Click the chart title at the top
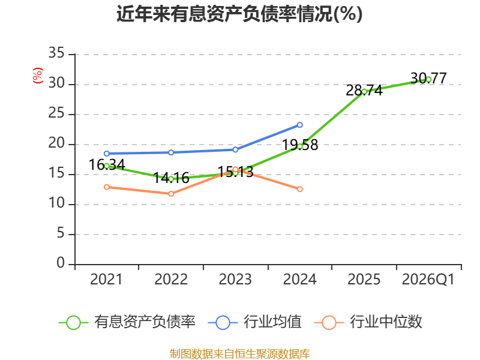pyautogui.click(x=239, y=14)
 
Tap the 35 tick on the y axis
pyautogui.click(x=56, y=53)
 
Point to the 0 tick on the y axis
pyautogui.click(x=61, y=263)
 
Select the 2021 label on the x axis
pyautogui.click(x=106, y=279)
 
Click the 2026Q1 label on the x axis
pyautogui.click(x=428, y=279)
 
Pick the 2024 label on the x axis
pyautogui.click(x=299, y=279)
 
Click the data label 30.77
pyautogui.click(x=428, y=78)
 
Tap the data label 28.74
pyautogui.click(x=364, y=91)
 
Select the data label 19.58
pyautogui.click(x=299, y=145)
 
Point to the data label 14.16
pyautogui.click(x=171, y=178)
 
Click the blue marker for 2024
pyautogui.click(x=299, y=125)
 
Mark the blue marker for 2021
pyautogui.click(x=107, y=154)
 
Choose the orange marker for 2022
pyautogui.click(x=171, y=194)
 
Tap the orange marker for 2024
pyautogui.click(x=299, y=189)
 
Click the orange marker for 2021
pyautogui.click(x=107, y=187)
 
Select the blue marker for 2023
pyautogui.click(x=235, y=149)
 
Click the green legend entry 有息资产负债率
pyautogui.click(x=127, y=322)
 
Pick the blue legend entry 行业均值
pyautogui.click(x=254, y=322)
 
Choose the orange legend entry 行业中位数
pyautogui.click(x=368, y=322)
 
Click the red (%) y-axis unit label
pyautogui.click(x=38, y=76)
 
